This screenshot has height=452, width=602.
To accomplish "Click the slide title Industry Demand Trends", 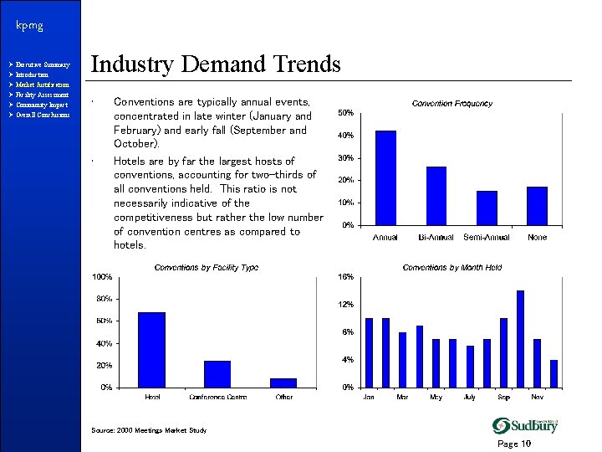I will tap(215, 64).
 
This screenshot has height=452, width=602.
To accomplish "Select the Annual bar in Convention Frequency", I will tap(385, 177).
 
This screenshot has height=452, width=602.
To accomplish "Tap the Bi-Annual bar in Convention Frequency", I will tap(436, 196).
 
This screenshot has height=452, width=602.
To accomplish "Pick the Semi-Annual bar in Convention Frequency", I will tap(487, 208).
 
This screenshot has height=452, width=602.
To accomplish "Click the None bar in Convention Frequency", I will tap(537, 206).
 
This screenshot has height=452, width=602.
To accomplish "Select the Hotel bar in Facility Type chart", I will tap(151, 350).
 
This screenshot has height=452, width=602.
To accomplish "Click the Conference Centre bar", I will tap(217, 374).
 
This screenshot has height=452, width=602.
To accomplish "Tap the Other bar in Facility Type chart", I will tap(283, 383).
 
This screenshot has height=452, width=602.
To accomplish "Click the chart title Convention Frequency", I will tap(451, 104).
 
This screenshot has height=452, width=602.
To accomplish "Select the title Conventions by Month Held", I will tap(451, 268).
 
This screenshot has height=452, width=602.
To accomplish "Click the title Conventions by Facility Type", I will tap(207, 268).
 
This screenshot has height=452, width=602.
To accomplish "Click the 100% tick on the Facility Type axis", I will tap(103, 277).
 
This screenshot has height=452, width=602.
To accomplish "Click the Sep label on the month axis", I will tap(503, 397).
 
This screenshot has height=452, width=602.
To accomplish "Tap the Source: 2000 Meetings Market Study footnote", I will tap(148, 430).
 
